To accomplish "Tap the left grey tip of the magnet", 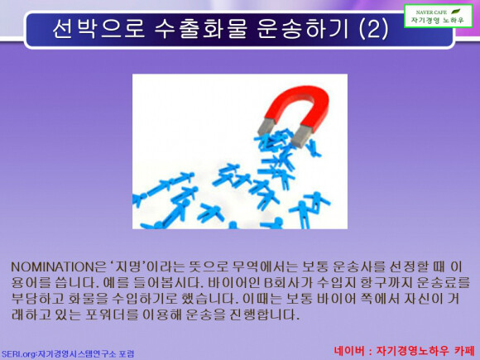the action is [266, 127].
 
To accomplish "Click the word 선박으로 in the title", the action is [98, 29].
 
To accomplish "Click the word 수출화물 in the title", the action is [200, 29].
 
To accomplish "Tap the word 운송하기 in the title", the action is [302, 29].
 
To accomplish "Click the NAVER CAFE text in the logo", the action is [431, 12].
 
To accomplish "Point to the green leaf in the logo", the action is [455, 12].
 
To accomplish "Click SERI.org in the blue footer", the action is [19, 354].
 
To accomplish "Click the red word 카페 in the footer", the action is [464, 351].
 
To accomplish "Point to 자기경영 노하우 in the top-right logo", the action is [438, 21].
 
